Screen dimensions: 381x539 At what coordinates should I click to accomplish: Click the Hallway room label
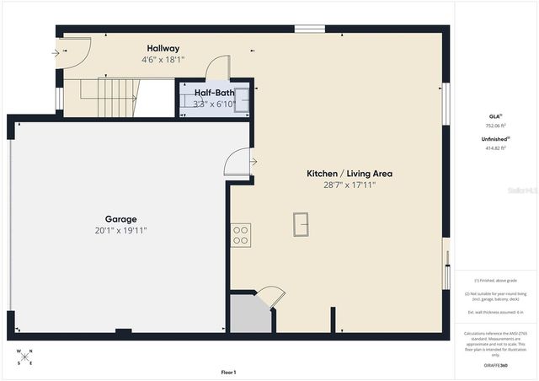pos(163,49)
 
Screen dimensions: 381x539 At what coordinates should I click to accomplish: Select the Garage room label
pos(120,219)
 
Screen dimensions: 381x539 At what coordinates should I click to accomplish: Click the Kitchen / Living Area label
pos(349,174)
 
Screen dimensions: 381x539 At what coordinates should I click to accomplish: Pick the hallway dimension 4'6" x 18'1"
pos(163,60)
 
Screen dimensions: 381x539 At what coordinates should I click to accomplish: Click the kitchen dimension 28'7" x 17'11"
pos(349,185)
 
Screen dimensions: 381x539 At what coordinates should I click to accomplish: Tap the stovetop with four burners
pos(241,234)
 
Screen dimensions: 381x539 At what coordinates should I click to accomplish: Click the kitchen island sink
pos(301,223)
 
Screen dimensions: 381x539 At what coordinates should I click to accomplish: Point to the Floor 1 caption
pos(228,372)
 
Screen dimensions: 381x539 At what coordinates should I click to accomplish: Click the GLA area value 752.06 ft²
pos(495,125)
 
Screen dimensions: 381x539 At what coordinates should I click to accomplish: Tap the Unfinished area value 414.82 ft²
pos(495,148)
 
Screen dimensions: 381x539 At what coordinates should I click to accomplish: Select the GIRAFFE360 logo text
pos(496,366)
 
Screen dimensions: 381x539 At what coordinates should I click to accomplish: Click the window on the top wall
pos(309,30)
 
